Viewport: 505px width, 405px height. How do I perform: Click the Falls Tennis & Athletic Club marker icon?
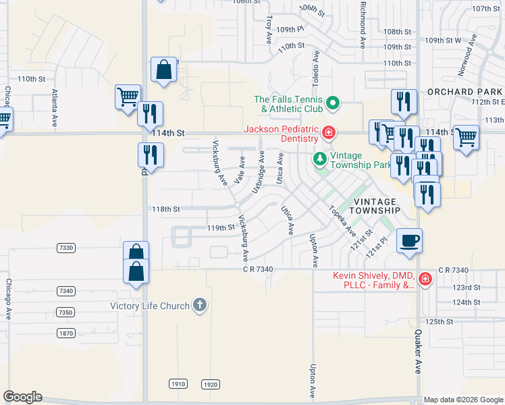[x=332, y=103]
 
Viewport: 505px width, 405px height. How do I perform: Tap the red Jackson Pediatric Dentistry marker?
[x=329, y=133]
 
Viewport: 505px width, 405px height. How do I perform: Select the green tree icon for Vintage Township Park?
[x=319, y=159]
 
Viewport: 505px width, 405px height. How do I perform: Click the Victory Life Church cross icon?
[x=199, y=306]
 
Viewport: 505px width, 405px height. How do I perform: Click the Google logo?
[x=22, y=397]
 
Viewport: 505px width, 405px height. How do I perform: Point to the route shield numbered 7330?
[x=65, y=248]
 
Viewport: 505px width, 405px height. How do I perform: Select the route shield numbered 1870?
[x=65, y=333]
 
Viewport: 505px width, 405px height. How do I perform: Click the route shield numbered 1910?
[x=178, y=384]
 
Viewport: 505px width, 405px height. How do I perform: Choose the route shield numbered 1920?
[x=211, y=384]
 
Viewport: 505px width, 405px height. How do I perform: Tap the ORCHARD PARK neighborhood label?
[x=464, y=92]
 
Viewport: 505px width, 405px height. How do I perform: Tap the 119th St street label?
[x=219, y=228]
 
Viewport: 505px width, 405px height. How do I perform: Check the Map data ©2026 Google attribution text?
[x=462, y=400]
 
